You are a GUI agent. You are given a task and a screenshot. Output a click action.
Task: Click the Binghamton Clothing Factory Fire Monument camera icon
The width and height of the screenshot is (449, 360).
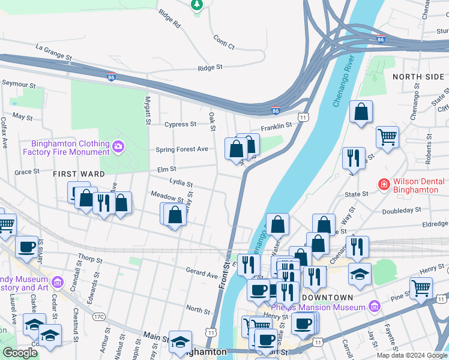click(x=118, y=146)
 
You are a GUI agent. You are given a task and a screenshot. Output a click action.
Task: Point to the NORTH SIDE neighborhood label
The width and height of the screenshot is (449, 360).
click(x=418, y=77)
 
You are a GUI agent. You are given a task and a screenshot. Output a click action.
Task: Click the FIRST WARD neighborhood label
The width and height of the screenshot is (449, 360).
click(x=79, y=173)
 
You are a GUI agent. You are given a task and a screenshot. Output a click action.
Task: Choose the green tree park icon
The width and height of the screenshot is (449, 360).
click(x=196, y=5)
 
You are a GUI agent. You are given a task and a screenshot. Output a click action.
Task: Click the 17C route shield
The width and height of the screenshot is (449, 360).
click(x=99, y=316)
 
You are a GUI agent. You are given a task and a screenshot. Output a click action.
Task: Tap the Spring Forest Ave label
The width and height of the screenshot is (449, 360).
click(x=182, y=149)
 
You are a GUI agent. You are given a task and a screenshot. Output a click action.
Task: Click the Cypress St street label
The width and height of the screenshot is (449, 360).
click(x=180, y=124)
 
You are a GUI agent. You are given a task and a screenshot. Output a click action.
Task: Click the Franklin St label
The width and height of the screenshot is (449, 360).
click(x=276, y=126)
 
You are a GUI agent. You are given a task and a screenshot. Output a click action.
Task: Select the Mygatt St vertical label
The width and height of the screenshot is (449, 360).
click(x=147, y=110)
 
